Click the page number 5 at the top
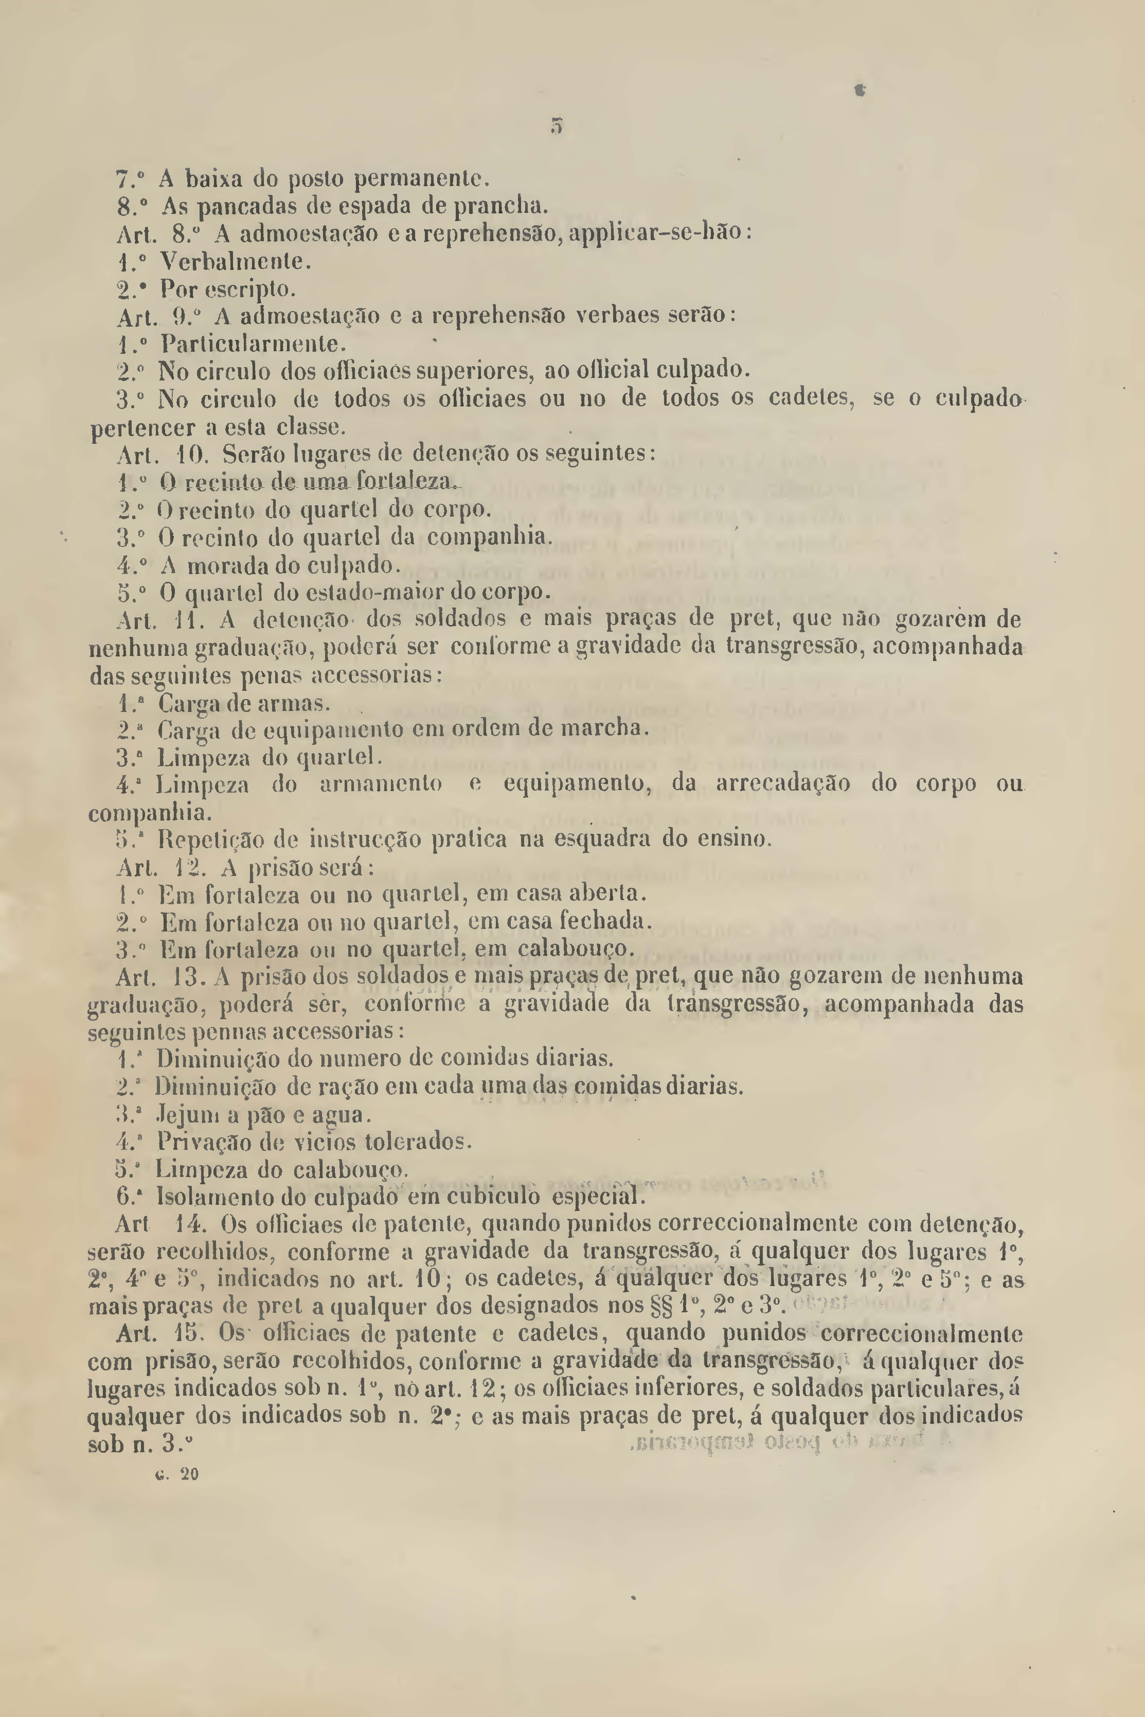557,126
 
